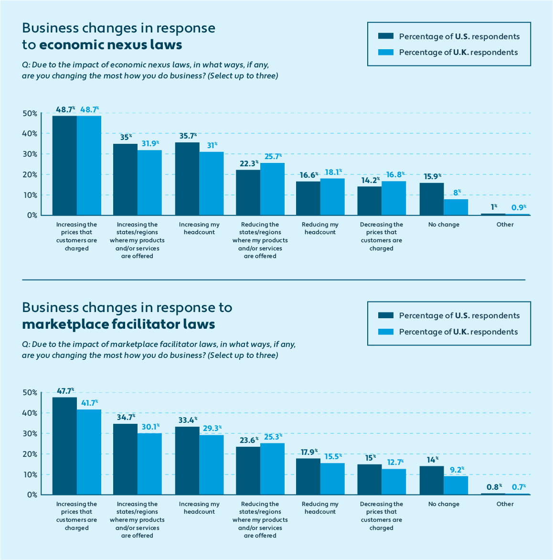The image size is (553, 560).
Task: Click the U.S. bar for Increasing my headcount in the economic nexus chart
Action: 187,179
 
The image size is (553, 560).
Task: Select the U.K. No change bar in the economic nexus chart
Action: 456,207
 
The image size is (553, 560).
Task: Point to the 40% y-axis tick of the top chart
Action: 30,134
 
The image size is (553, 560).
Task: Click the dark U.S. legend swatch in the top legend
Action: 385,36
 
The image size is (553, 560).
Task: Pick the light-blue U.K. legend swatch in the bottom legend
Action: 385,332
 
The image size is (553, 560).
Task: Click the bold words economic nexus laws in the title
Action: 110,45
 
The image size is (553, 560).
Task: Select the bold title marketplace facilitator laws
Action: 118,324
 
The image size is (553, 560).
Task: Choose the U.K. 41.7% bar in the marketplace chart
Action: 89,452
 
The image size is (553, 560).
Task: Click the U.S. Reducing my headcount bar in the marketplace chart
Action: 308,476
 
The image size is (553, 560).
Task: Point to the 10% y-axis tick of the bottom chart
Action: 30,474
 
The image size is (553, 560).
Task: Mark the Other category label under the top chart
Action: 505,225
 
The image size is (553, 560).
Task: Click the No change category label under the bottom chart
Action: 444,504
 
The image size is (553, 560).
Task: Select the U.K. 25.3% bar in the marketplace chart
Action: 272,469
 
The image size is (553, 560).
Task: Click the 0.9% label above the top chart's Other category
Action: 517,207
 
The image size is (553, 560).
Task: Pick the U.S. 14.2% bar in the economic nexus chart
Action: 370,201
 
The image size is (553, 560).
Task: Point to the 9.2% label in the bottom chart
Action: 456,469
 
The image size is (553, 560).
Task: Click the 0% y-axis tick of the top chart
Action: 32,215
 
